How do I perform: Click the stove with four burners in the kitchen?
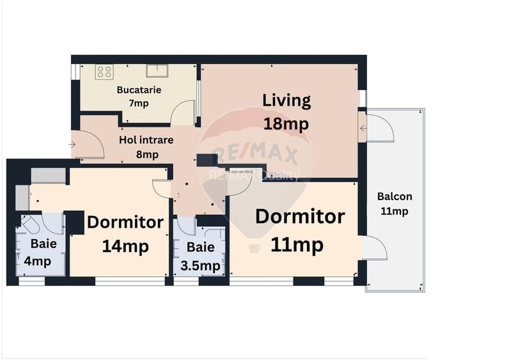104,72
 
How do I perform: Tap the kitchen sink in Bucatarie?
157,70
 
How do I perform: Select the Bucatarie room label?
139,90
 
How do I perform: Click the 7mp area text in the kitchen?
139,102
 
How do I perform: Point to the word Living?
286,100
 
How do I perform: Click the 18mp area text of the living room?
286,123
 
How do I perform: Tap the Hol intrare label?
146,139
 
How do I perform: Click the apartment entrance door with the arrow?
88,145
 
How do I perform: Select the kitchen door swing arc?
184,113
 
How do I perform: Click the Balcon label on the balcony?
394,197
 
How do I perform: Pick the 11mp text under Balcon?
394,212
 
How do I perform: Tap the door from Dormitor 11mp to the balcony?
374,247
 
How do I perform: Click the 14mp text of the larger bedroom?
125,246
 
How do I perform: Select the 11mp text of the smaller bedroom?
296,244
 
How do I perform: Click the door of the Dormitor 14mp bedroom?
162,189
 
